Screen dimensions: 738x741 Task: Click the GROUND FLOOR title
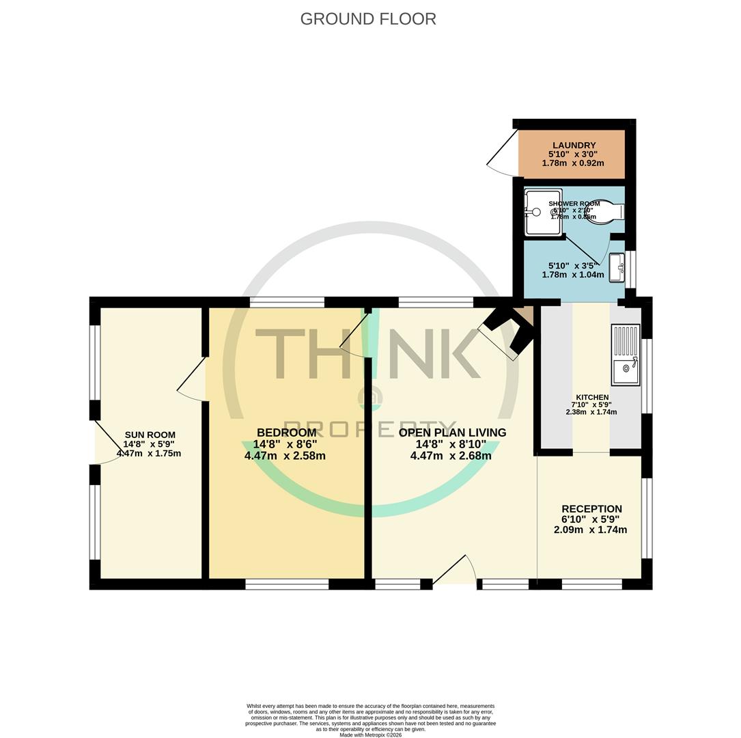368,19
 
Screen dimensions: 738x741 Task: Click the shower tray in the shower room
543,213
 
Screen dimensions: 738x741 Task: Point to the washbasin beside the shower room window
617,267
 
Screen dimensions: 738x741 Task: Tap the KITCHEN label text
591,397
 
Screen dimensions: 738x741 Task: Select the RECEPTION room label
591,509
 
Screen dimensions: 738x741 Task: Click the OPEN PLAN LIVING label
452,433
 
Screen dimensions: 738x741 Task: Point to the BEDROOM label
286,433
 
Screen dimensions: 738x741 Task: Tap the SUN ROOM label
150,435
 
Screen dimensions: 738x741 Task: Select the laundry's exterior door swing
502,150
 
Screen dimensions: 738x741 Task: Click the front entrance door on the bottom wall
454,572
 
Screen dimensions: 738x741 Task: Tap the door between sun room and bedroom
194,380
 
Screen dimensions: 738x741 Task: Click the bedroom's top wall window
287,302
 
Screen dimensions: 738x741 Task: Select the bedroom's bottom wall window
287,584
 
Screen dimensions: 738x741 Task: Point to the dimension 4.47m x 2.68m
451,456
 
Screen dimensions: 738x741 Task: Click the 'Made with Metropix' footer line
370,735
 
